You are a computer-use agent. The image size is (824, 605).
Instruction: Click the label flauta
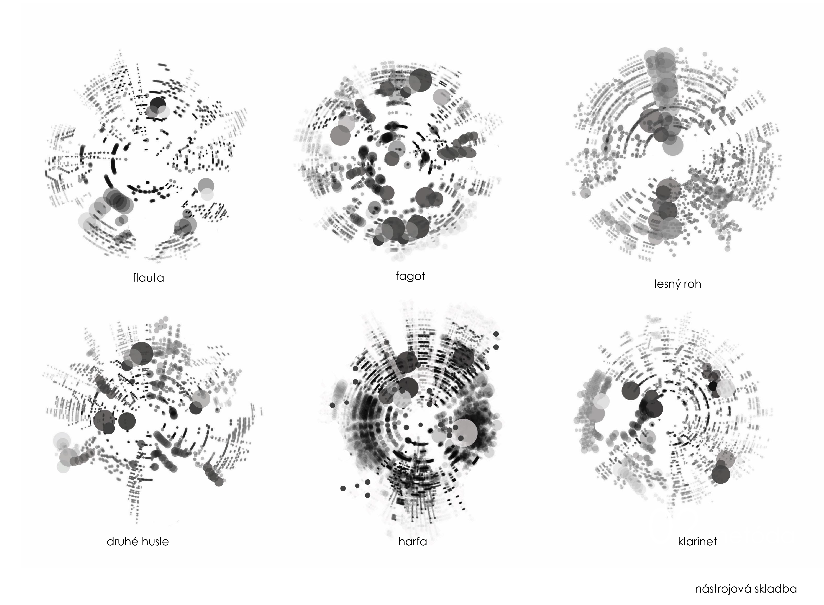click(148, 278)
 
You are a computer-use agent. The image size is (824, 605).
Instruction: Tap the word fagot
click(410, 276)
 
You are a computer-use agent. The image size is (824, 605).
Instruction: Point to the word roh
click(692, 284)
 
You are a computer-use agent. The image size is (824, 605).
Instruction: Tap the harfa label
click(413, 541)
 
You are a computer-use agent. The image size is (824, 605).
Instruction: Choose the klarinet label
click(697, 541)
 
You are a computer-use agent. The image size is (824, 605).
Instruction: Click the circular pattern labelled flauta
click(146, 156)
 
